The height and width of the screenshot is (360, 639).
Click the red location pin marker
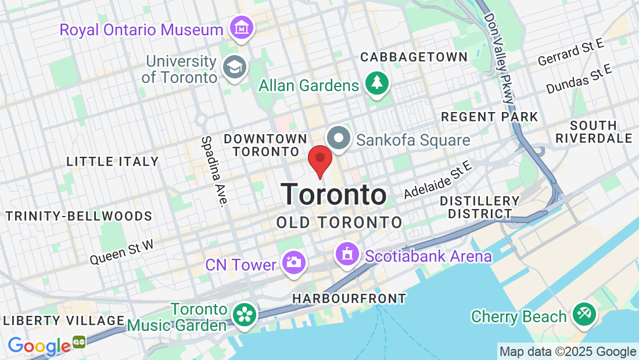point(319,160)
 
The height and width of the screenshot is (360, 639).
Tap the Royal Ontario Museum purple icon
point(240,27)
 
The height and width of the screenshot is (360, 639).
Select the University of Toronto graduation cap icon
point(235,67)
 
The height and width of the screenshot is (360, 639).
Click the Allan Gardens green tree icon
point(377,82)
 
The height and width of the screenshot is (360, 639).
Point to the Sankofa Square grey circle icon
point(339,139)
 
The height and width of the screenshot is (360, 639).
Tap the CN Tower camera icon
point(294,262)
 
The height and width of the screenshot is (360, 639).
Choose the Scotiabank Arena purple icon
point(347,254)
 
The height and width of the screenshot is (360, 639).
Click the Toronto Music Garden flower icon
point(245,315)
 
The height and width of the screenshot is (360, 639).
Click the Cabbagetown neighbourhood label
point(414,57)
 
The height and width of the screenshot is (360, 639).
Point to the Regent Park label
point(490,117)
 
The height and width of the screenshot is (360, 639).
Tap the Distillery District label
point(479,207)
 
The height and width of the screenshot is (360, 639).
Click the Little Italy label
point(113,161)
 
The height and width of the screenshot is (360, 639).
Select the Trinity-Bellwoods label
point(79,217)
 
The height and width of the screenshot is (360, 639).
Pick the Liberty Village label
point(64,321)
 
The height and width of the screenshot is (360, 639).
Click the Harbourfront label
point(349,298)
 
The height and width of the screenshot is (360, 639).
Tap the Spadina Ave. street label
point(213,171)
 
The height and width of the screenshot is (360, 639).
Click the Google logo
point(40,346)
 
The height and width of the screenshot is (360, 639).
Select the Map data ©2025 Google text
point(568,352)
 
